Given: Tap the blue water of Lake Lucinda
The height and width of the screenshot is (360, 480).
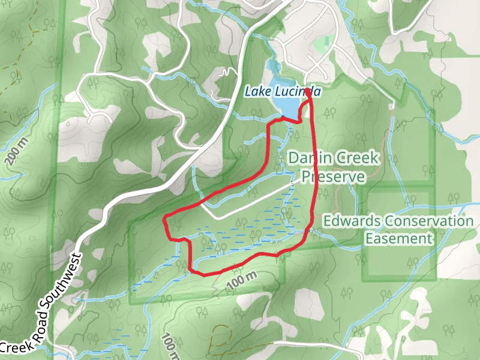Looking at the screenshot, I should click(x=287, y=106).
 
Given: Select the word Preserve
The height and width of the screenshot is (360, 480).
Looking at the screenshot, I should click(x=333, y=177).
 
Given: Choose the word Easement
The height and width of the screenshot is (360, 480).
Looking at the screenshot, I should click(x=399, y=239).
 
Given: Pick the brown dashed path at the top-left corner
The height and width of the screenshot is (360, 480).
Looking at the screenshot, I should click(x=12, y=90).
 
